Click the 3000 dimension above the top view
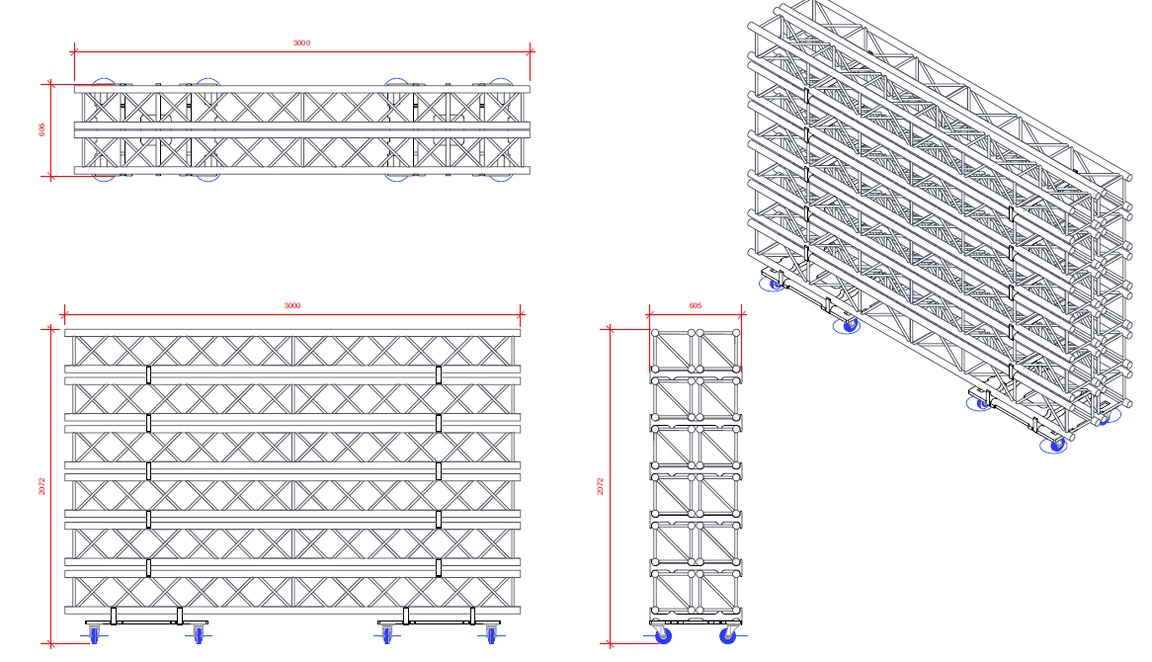[x=301, y=42]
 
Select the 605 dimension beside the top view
[x=42, y=130]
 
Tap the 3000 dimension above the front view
[x=292, y=306]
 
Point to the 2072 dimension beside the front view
[x=41, y=486]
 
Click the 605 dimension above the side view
[x=696, y=306]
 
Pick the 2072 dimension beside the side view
[x=600, y=486]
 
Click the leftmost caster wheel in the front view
[x=95, y=633]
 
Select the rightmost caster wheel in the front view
[x=491, y=633]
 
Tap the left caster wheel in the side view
[x=660, y=635]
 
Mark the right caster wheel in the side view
[x=728, y=635]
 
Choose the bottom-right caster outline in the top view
[x=499, y=174]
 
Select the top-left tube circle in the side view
[x=654, y=333]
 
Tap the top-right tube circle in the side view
[x=737, y=333]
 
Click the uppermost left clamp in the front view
[x=148, y=374]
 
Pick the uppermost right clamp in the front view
[x=438, y=374]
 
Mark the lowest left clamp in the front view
[x=148, y=567]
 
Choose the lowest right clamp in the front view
[x=438, y=567]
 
